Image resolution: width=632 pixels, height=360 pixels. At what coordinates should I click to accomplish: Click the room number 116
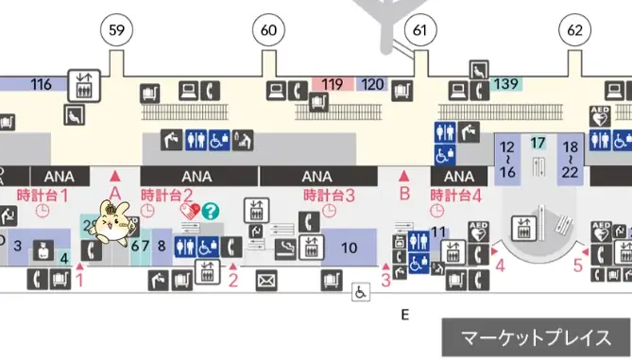(41, 84)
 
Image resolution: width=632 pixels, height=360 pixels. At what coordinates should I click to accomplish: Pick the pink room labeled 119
(333, 84)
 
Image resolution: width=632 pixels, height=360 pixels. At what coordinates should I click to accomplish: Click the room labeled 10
(349, 249)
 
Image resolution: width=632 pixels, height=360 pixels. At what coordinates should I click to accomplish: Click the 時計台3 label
(329, 196)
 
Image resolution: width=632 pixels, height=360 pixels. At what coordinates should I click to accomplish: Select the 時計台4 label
(457, 196)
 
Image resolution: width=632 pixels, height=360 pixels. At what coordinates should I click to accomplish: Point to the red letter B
(403, 196)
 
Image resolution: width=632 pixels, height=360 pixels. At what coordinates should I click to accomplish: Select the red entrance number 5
(578, 266)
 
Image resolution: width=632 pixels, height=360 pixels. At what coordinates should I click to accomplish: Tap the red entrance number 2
(233, 280)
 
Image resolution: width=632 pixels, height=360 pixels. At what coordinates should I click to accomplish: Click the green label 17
(538, 144)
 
